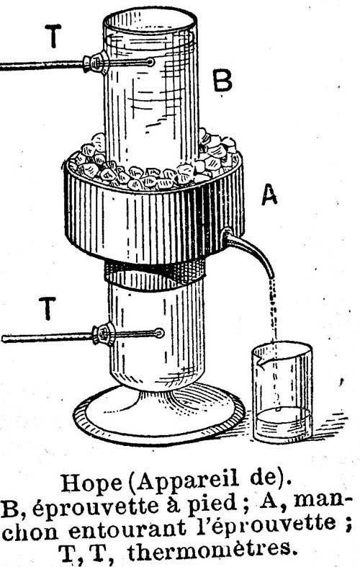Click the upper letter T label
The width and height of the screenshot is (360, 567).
point(53,36)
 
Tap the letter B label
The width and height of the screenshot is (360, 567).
point(222,81)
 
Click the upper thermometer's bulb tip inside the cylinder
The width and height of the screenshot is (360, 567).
point(150,63)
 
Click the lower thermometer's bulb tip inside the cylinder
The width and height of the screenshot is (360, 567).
point(159,333)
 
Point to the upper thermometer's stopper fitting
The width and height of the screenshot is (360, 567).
point(95,63)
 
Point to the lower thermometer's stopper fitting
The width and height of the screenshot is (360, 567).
point(104,334)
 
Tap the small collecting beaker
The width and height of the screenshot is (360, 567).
point(282,393)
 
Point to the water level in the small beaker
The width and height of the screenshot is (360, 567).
point(282,412)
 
